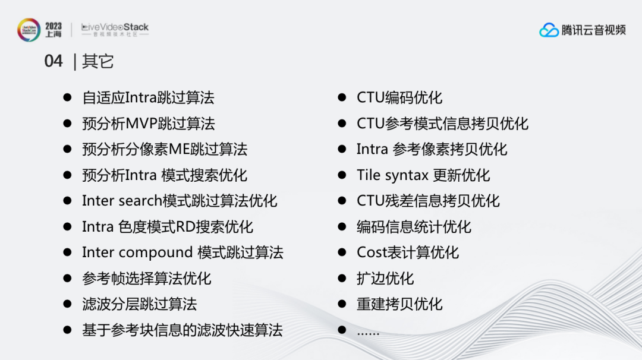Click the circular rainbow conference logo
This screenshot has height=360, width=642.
pos(29,30)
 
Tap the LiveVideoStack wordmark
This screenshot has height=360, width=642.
pos(115,30)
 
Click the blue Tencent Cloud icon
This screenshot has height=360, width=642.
pos(549,30)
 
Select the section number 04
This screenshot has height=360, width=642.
pos(53,61)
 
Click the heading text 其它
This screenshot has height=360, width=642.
pos(97,61)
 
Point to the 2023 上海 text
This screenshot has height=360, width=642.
pos(53,30)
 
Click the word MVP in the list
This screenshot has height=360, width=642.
pos(141,124)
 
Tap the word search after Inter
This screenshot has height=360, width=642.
pos(140,201)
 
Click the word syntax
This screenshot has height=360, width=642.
pos(407,176)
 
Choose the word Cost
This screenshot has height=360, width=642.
pos(371,252)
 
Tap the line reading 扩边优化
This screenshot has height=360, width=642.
pos(385,279)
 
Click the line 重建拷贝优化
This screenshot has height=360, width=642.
pos(399,304)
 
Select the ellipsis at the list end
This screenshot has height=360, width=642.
pos(368,333)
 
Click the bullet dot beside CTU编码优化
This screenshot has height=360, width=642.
pos(342,97)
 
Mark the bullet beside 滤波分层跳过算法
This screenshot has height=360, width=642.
pos(68,304)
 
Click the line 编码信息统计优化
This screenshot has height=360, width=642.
pos(414,227)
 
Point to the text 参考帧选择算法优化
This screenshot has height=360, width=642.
pos(147,279)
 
